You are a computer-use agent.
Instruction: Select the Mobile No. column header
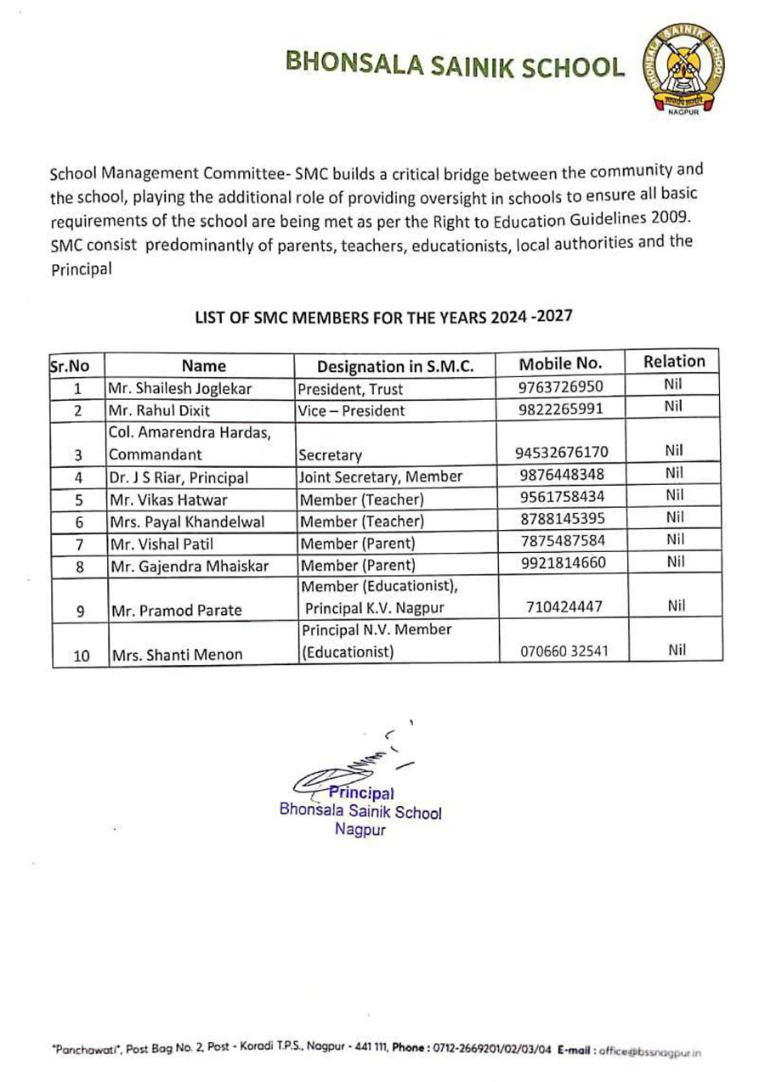click(x=561, y=363)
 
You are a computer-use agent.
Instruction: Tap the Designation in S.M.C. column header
click(x=394, y=367)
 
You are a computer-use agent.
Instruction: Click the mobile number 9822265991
click(x=561, y=409)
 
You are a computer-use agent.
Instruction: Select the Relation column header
click(x=675, y=361)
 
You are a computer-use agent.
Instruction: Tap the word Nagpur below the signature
click(x=360, y=830)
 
